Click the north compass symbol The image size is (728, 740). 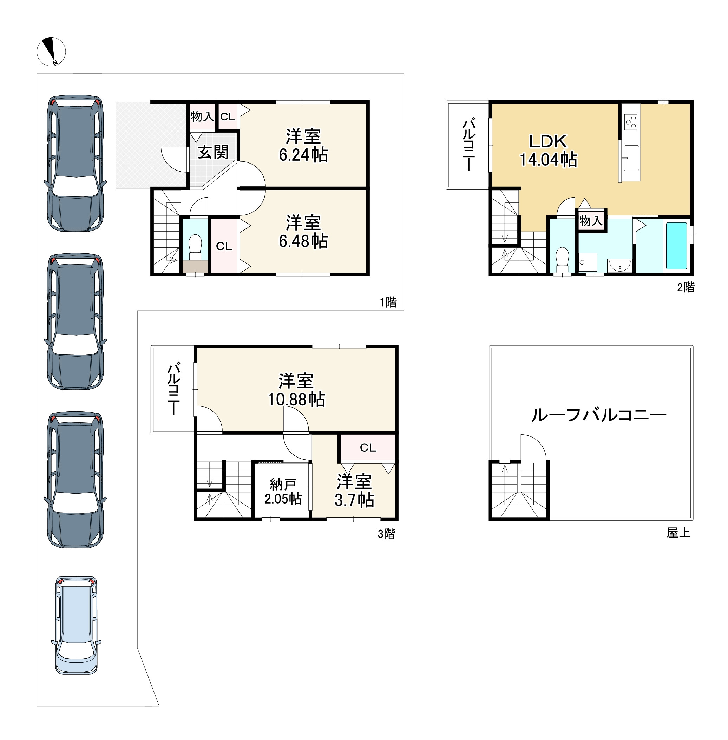click(51, 52)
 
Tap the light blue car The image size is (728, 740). click(77, 625)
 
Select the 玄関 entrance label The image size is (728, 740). click(213, 152)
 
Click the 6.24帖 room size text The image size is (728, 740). click(303, 155)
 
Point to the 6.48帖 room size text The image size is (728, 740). click(303, 241)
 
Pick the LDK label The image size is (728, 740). click(548, 141)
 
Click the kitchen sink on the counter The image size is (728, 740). click(631, 158)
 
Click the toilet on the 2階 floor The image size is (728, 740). click(562, 260)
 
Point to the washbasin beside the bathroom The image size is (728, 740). click(619, 265)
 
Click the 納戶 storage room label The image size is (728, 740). click(283, 485)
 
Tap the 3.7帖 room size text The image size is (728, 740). click(354, 500)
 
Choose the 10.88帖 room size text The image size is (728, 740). click(296, 399)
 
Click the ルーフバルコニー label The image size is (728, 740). click(599, 415)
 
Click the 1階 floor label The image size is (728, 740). click(388, 302)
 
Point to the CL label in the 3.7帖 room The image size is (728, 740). click(368, 447)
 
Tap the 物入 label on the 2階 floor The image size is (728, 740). click(591, 221)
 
